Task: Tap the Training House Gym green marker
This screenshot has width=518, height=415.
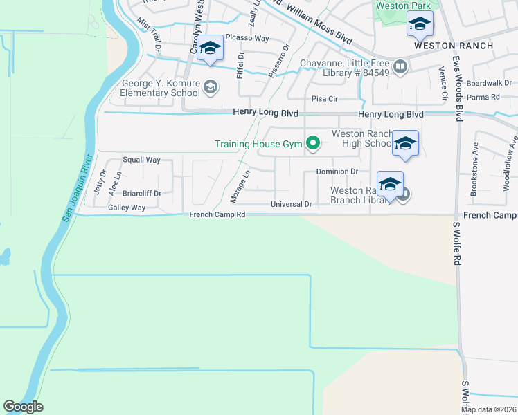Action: (313, 144)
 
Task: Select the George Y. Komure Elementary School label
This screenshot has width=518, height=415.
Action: (161, 88)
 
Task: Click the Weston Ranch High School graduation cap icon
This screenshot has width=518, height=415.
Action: (405, 143)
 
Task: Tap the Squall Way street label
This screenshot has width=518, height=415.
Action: (141, 160)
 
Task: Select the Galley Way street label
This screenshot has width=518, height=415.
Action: (127, 207)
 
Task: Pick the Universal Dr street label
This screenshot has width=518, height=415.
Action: (292, 205)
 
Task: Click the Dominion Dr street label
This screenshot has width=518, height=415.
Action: (337, 172)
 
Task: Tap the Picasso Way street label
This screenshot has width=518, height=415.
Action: (247, 39)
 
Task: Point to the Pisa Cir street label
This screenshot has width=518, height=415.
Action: (323, 99)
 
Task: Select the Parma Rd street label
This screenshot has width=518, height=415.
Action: (485, 97)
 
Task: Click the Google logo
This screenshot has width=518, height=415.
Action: (23, 407)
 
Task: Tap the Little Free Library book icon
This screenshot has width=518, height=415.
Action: (400, 67)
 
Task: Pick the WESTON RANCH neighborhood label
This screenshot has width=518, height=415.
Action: (454, 46)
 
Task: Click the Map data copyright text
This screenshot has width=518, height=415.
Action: (489, 409)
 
